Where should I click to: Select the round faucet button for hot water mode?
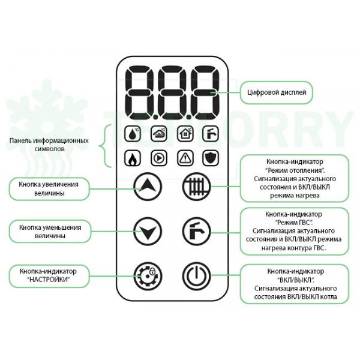pyautogui.click(x=195, y=230)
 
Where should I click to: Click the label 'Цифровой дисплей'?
pyautogui.click(x=269, y=93)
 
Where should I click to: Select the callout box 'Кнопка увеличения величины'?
pyautogui.click(x=49, y=188)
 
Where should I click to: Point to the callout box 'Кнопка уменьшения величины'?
pyautogui.click(x=50, y=232)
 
